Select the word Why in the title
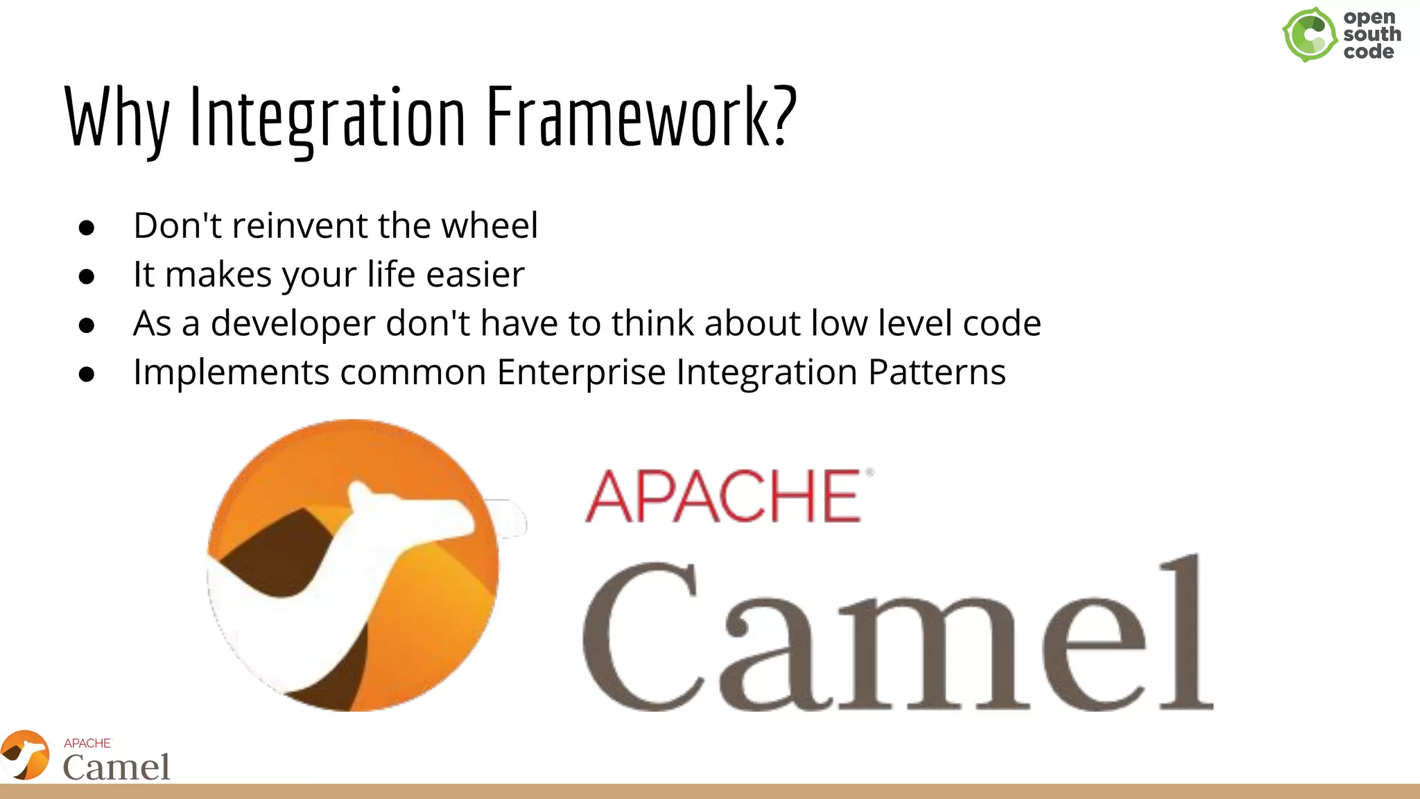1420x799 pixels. pos(116,118)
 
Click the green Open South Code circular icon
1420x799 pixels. pos(1309,35)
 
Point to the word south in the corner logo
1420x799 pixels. pos(1371,34)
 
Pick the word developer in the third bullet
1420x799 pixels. pos(293,323)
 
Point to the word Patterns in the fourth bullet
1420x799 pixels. pos(937,372)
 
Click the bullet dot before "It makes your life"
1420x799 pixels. pos(87,277)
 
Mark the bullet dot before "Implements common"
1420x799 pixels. pos(87,375)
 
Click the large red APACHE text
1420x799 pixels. pos(725,496)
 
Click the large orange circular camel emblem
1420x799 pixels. pos(354,565)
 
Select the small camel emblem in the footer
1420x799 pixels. pos(25,755)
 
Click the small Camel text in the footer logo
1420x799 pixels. pos(116,767)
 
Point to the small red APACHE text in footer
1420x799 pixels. pos(87,743)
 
